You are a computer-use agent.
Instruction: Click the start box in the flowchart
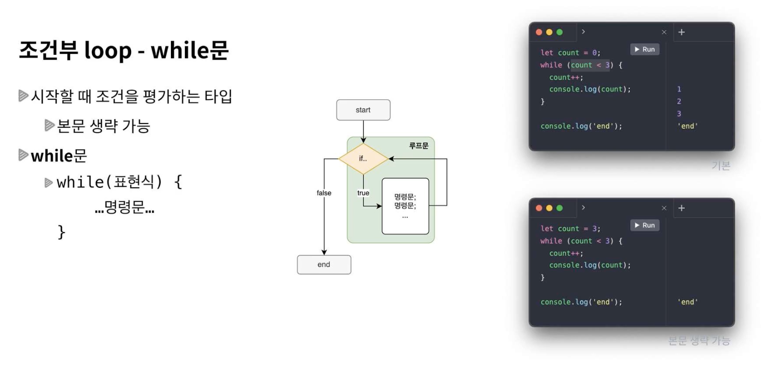[x=363, y=110]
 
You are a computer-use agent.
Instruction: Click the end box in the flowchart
[x=324, y=265]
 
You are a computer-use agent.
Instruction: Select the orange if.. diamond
[x=363, y=159]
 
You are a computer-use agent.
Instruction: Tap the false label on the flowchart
[x=324, y=193]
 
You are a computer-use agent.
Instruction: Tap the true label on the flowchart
[x=363, y=193]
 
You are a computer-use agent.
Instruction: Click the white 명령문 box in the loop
[x=405, y=206]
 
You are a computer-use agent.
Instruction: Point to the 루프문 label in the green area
[x=418, y=146]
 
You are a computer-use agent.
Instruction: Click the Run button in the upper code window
[x=644, y=49]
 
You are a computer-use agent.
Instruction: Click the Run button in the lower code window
[x=644, y=225]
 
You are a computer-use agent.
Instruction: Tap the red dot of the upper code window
[x=539, y=32]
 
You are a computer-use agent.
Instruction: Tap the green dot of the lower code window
[x=559, y=208]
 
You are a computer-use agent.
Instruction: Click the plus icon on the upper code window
[x=681, y=32]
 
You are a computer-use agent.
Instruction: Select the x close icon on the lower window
[x=664, y=208]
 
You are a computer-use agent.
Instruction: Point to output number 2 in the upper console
[x=679, y=101]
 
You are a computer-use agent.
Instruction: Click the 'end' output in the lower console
[x=688, y=302]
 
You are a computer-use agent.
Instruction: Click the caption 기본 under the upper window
[x=720, y=166]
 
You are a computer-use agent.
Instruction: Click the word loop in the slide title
[x=108, y=50]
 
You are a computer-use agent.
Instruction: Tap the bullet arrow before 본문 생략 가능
[x=49, y=126]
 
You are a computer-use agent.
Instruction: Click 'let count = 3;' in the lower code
[x=570, y=229]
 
